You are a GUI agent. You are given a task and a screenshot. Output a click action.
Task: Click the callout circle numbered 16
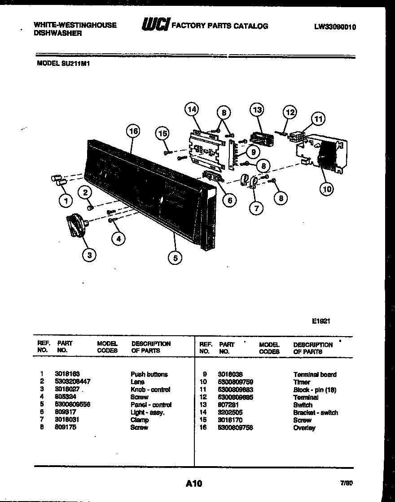tap(133, 131)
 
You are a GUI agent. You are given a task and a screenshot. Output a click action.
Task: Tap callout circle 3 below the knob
tap(89, 255)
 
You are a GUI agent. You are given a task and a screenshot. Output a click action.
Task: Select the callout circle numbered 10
tap(327, 189)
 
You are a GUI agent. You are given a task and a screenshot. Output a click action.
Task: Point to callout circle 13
tap(257, 110)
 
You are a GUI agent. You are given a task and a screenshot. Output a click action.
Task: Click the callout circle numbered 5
tap(175, 257)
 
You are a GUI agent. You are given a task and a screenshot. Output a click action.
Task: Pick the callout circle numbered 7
tap(256, 208)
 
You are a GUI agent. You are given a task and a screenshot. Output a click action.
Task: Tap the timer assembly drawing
tap(321, 151)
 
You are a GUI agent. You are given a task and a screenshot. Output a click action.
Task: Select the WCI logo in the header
tap(155, 25)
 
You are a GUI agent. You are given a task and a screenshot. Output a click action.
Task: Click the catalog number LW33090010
tap(335, 27)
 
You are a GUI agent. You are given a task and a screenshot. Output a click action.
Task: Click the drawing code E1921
tap(321, 321)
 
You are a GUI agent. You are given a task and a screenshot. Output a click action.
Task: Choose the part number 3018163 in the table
tap(67, 374)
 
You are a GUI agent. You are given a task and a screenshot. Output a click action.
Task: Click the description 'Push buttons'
tap(149, 374)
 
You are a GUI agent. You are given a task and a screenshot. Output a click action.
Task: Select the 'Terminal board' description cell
tap(315, 374)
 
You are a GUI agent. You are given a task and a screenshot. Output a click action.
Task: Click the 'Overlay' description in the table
tap(304, 428)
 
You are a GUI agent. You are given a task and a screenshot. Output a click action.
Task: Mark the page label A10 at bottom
tap(194, 483)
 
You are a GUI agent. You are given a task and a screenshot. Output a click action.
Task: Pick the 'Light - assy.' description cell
tap(148, 412)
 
